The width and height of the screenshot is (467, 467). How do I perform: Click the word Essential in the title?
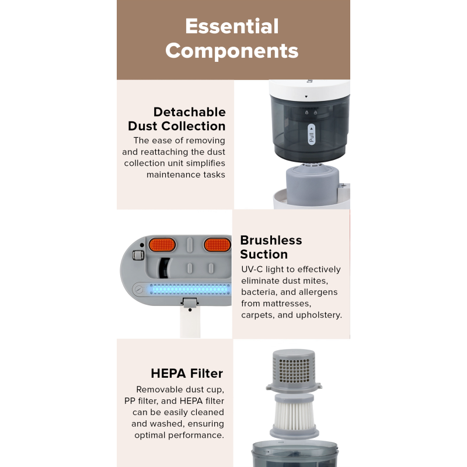pyautogui.click(x=232, y=26)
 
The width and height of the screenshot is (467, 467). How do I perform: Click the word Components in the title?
pyautogui.click(x=232, y=51)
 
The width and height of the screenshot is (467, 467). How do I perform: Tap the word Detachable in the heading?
pyautogui.click(x=189, y=112)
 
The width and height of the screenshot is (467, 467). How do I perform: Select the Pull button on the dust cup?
pyautogui.click(x=312, y=135)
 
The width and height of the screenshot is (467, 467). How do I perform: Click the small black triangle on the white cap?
pyautogui.click(x=306, y=96)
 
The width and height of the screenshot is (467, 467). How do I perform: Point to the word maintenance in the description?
pyautogui.click(x=173, y=175)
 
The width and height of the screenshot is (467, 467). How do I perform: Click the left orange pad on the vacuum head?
pyautogui.click(x=162, y=245)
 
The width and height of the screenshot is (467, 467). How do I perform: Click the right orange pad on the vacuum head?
pyautogui.click(x=217, y=245)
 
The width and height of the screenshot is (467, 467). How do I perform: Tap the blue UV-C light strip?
pyautogui.click(x=190, y=289)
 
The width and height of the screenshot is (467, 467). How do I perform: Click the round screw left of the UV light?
pyautogui.click(x=139, y=289)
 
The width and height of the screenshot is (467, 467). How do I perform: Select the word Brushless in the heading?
pyautogui.click(x=271, y=241)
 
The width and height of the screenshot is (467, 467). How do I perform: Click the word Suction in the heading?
pyautogui.click(x=264, y=255)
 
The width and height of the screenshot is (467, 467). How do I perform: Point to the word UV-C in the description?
pyautogui.click(x=252, y=269)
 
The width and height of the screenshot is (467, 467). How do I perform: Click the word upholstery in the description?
pyautogui.click(x=323, y=315)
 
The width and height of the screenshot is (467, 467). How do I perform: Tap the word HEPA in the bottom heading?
pyautogui.click(x=169, y=374)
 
